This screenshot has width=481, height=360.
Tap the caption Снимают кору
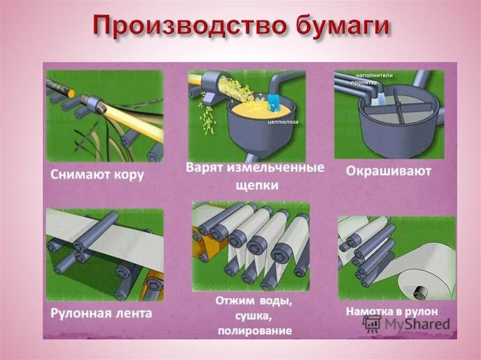(97, 176)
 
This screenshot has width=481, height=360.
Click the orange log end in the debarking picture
(71, 92)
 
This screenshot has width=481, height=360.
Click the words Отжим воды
(254, 300)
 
